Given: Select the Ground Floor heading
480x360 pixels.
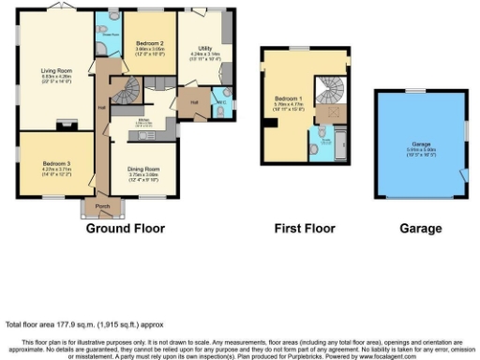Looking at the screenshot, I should tap(126, 229).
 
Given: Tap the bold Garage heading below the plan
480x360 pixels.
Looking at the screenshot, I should tap(418, 229).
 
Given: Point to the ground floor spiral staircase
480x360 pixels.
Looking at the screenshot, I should tap(126, 92).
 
